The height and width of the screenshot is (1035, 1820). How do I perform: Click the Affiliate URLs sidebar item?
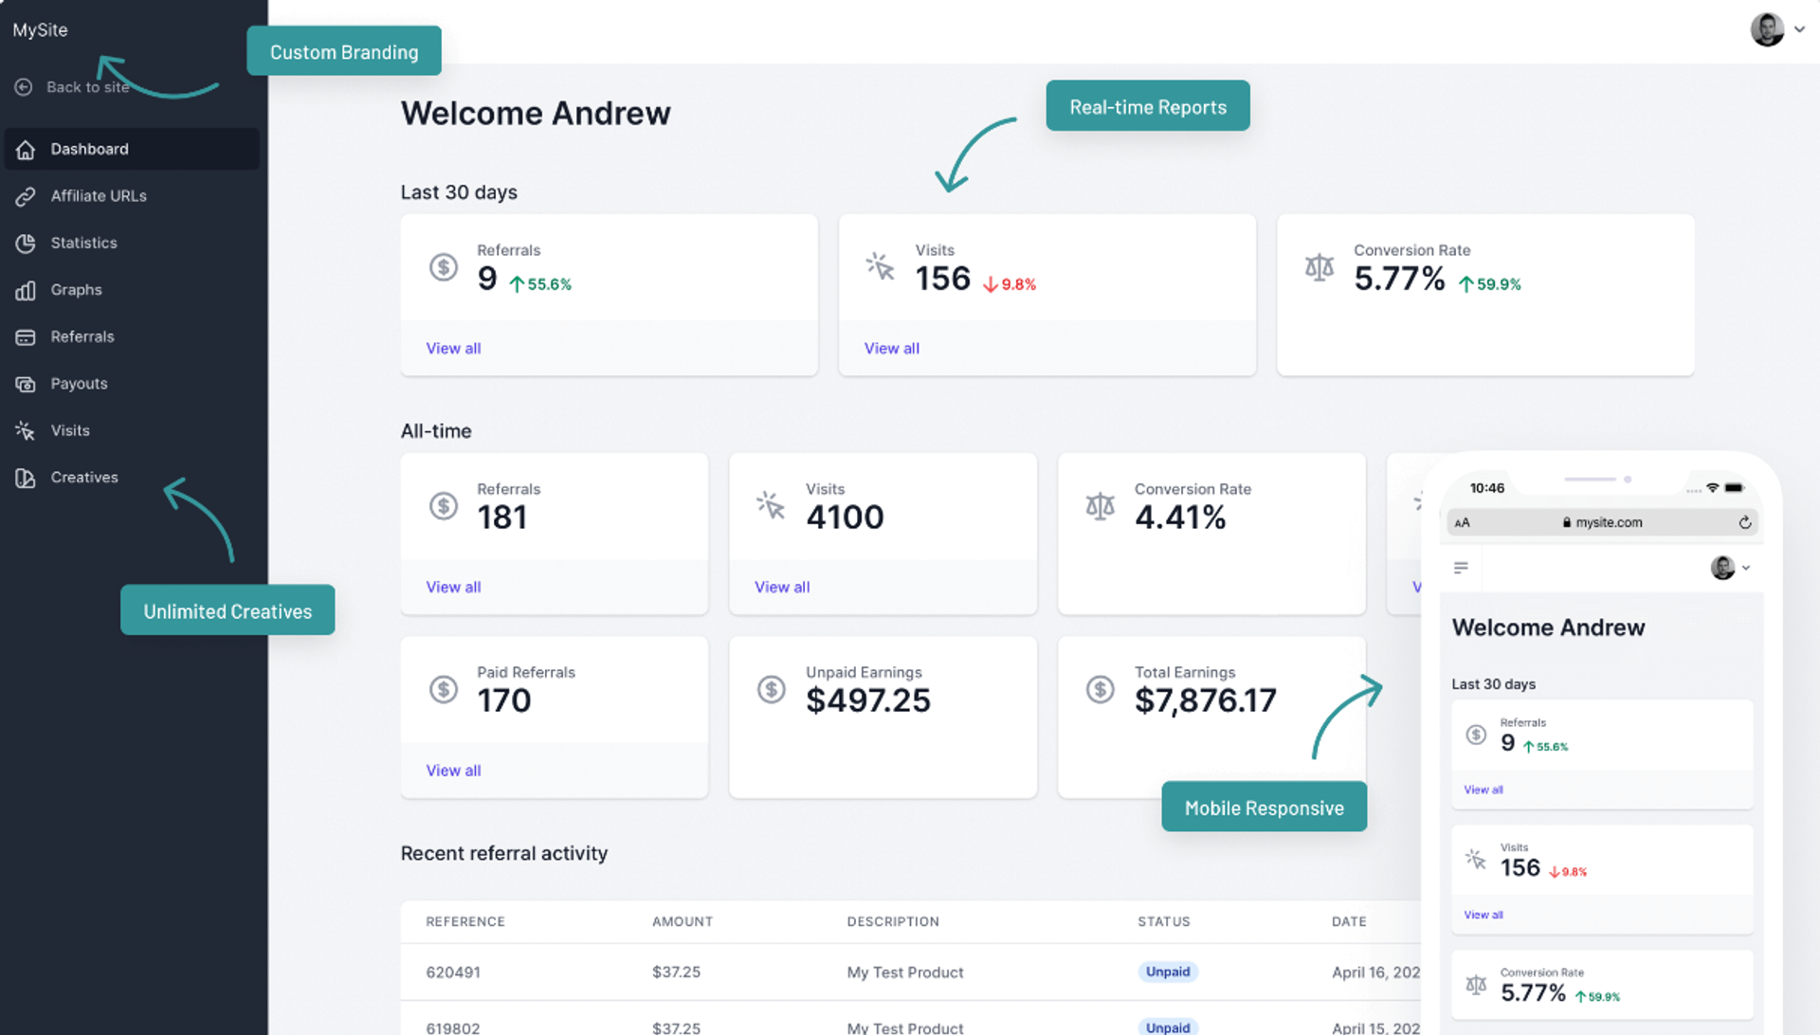98,196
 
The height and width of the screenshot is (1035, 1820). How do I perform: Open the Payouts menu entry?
79,384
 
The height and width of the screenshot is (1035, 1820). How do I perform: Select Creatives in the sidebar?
83,478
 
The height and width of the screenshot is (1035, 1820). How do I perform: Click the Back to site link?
86,87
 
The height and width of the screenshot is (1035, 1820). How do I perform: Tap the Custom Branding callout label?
344,52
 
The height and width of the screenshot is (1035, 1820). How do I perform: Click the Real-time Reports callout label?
1147,107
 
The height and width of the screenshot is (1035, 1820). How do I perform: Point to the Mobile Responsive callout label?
1264,808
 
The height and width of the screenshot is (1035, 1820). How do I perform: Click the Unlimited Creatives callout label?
227,611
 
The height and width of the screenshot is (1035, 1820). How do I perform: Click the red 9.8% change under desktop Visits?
1010,284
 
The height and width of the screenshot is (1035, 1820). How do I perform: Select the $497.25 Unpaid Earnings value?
867,700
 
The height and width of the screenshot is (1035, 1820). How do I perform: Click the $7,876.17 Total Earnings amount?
1205,700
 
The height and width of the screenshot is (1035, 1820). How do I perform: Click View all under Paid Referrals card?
453,771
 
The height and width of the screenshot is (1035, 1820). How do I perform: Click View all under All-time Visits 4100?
782,588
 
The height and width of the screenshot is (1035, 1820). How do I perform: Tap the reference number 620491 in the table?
453,972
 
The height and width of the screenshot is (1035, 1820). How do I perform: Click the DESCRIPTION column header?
892,921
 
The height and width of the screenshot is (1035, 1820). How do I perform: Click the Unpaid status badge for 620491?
1167,972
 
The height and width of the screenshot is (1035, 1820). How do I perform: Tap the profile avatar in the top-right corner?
1767,29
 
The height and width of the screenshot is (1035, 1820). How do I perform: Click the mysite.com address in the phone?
1608,522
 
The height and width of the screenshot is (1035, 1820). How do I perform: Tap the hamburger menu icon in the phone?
1461,568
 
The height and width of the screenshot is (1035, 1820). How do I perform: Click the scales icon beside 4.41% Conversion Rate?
1100,506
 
